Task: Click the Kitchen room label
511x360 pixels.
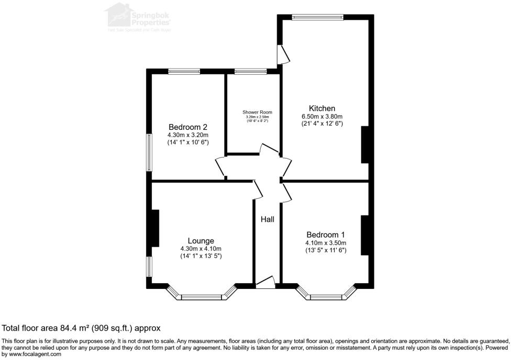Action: [321, 108]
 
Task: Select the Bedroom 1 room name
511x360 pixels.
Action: [326, 234]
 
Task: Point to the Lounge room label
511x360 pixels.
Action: [201, 241]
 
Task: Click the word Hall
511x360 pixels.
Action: [268, 220]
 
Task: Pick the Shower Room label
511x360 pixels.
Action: [257, 112]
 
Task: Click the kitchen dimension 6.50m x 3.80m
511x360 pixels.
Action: [321, 116]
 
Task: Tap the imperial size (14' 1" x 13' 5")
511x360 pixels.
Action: [201, 256]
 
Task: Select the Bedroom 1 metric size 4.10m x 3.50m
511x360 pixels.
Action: [326, 243]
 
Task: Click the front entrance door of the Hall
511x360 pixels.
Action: [265, 283]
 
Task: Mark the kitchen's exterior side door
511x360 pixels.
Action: [283, 53]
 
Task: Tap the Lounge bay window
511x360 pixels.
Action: [202, 297]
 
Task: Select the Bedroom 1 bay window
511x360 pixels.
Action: [326, 297]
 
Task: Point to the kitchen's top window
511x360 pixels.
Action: [317, 17]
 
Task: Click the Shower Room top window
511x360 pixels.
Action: [250, 71]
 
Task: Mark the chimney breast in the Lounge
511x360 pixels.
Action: [155, 228]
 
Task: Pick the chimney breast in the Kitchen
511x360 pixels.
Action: [365, 145]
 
